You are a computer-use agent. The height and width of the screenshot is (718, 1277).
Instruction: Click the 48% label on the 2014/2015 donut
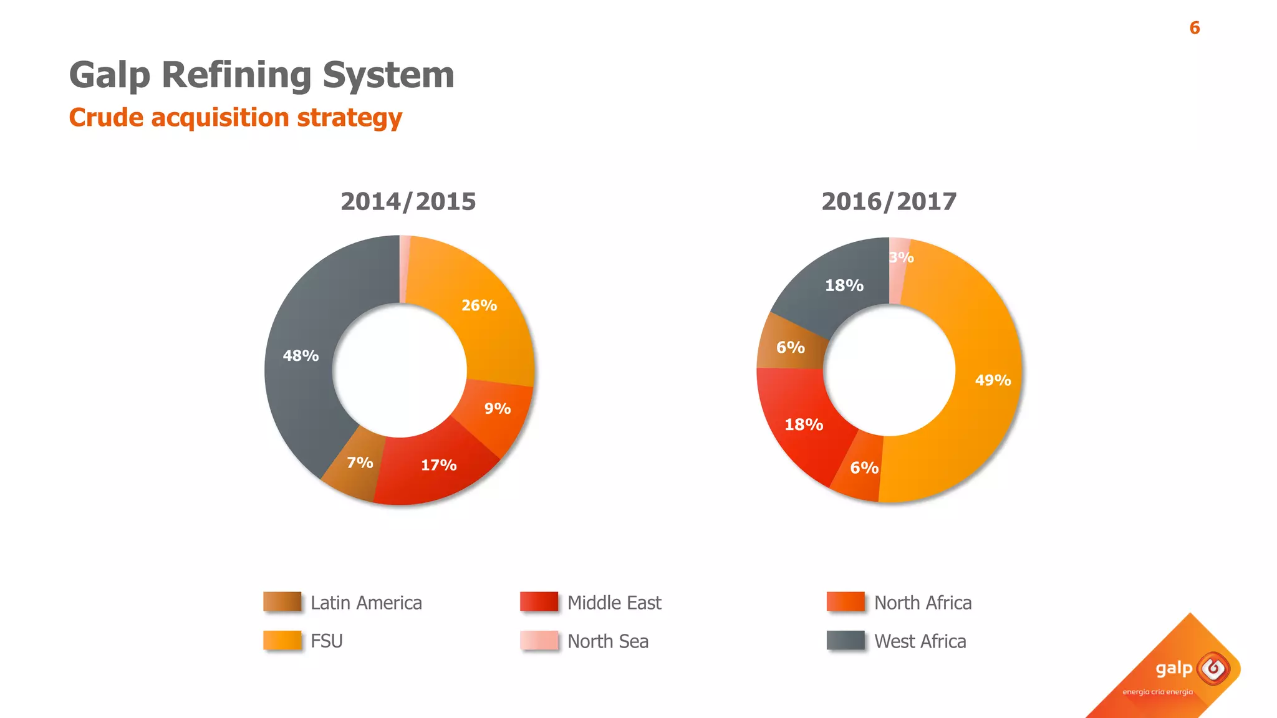[301, 356]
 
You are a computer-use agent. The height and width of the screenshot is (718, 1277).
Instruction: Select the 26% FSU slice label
[479, 305]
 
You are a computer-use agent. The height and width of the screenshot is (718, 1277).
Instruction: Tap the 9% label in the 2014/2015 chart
[497, 409]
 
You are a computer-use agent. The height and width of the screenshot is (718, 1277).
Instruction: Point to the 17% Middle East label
[438, 465]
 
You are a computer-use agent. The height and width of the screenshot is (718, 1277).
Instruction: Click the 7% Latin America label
[360, 462]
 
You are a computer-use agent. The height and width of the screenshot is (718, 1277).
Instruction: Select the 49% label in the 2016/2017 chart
[993, 380]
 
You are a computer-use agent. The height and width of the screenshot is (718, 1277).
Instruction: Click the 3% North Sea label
[902, 257]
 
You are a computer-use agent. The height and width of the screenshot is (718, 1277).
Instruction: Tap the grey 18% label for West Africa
[844, 285]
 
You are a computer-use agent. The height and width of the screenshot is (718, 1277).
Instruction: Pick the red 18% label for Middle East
[803, 425]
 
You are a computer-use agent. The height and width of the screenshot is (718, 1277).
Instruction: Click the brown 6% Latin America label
[790, 347]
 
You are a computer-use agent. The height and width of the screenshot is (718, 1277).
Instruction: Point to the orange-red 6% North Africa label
[864, 468]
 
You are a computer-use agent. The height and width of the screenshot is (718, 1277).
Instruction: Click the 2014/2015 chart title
[408, 201]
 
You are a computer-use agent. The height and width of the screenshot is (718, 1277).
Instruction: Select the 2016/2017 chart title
[889, 201]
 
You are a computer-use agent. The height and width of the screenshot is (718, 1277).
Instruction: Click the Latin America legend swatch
[282, 602]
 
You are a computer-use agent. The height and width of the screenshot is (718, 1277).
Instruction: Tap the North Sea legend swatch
[539, 641]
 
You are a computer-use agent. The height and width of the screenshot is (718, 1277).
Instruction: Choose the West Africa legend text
[920, 641]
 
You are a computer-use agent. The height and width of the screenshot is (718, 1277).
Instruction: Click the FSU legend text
[327, 641]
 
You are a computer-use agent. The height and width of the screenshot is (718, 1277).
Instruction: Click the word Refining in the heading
[236, 75]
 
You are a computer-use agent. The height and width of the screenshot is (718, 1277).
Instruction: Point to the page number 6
[1194, 28]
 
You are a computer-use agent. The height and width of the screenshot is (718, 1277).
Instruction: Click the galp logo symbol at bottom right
[1213, 669]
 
